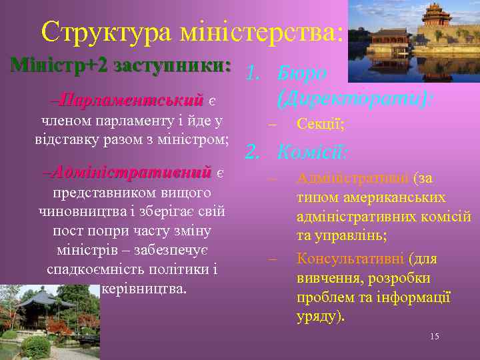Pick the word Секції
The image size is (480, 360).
pos(321,125)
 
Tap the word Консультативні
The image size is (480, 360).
pos(351,259)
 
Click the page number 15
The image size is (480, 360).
pos(434,337)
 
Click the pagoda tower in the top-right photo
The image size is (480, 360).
pos(437,17)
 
